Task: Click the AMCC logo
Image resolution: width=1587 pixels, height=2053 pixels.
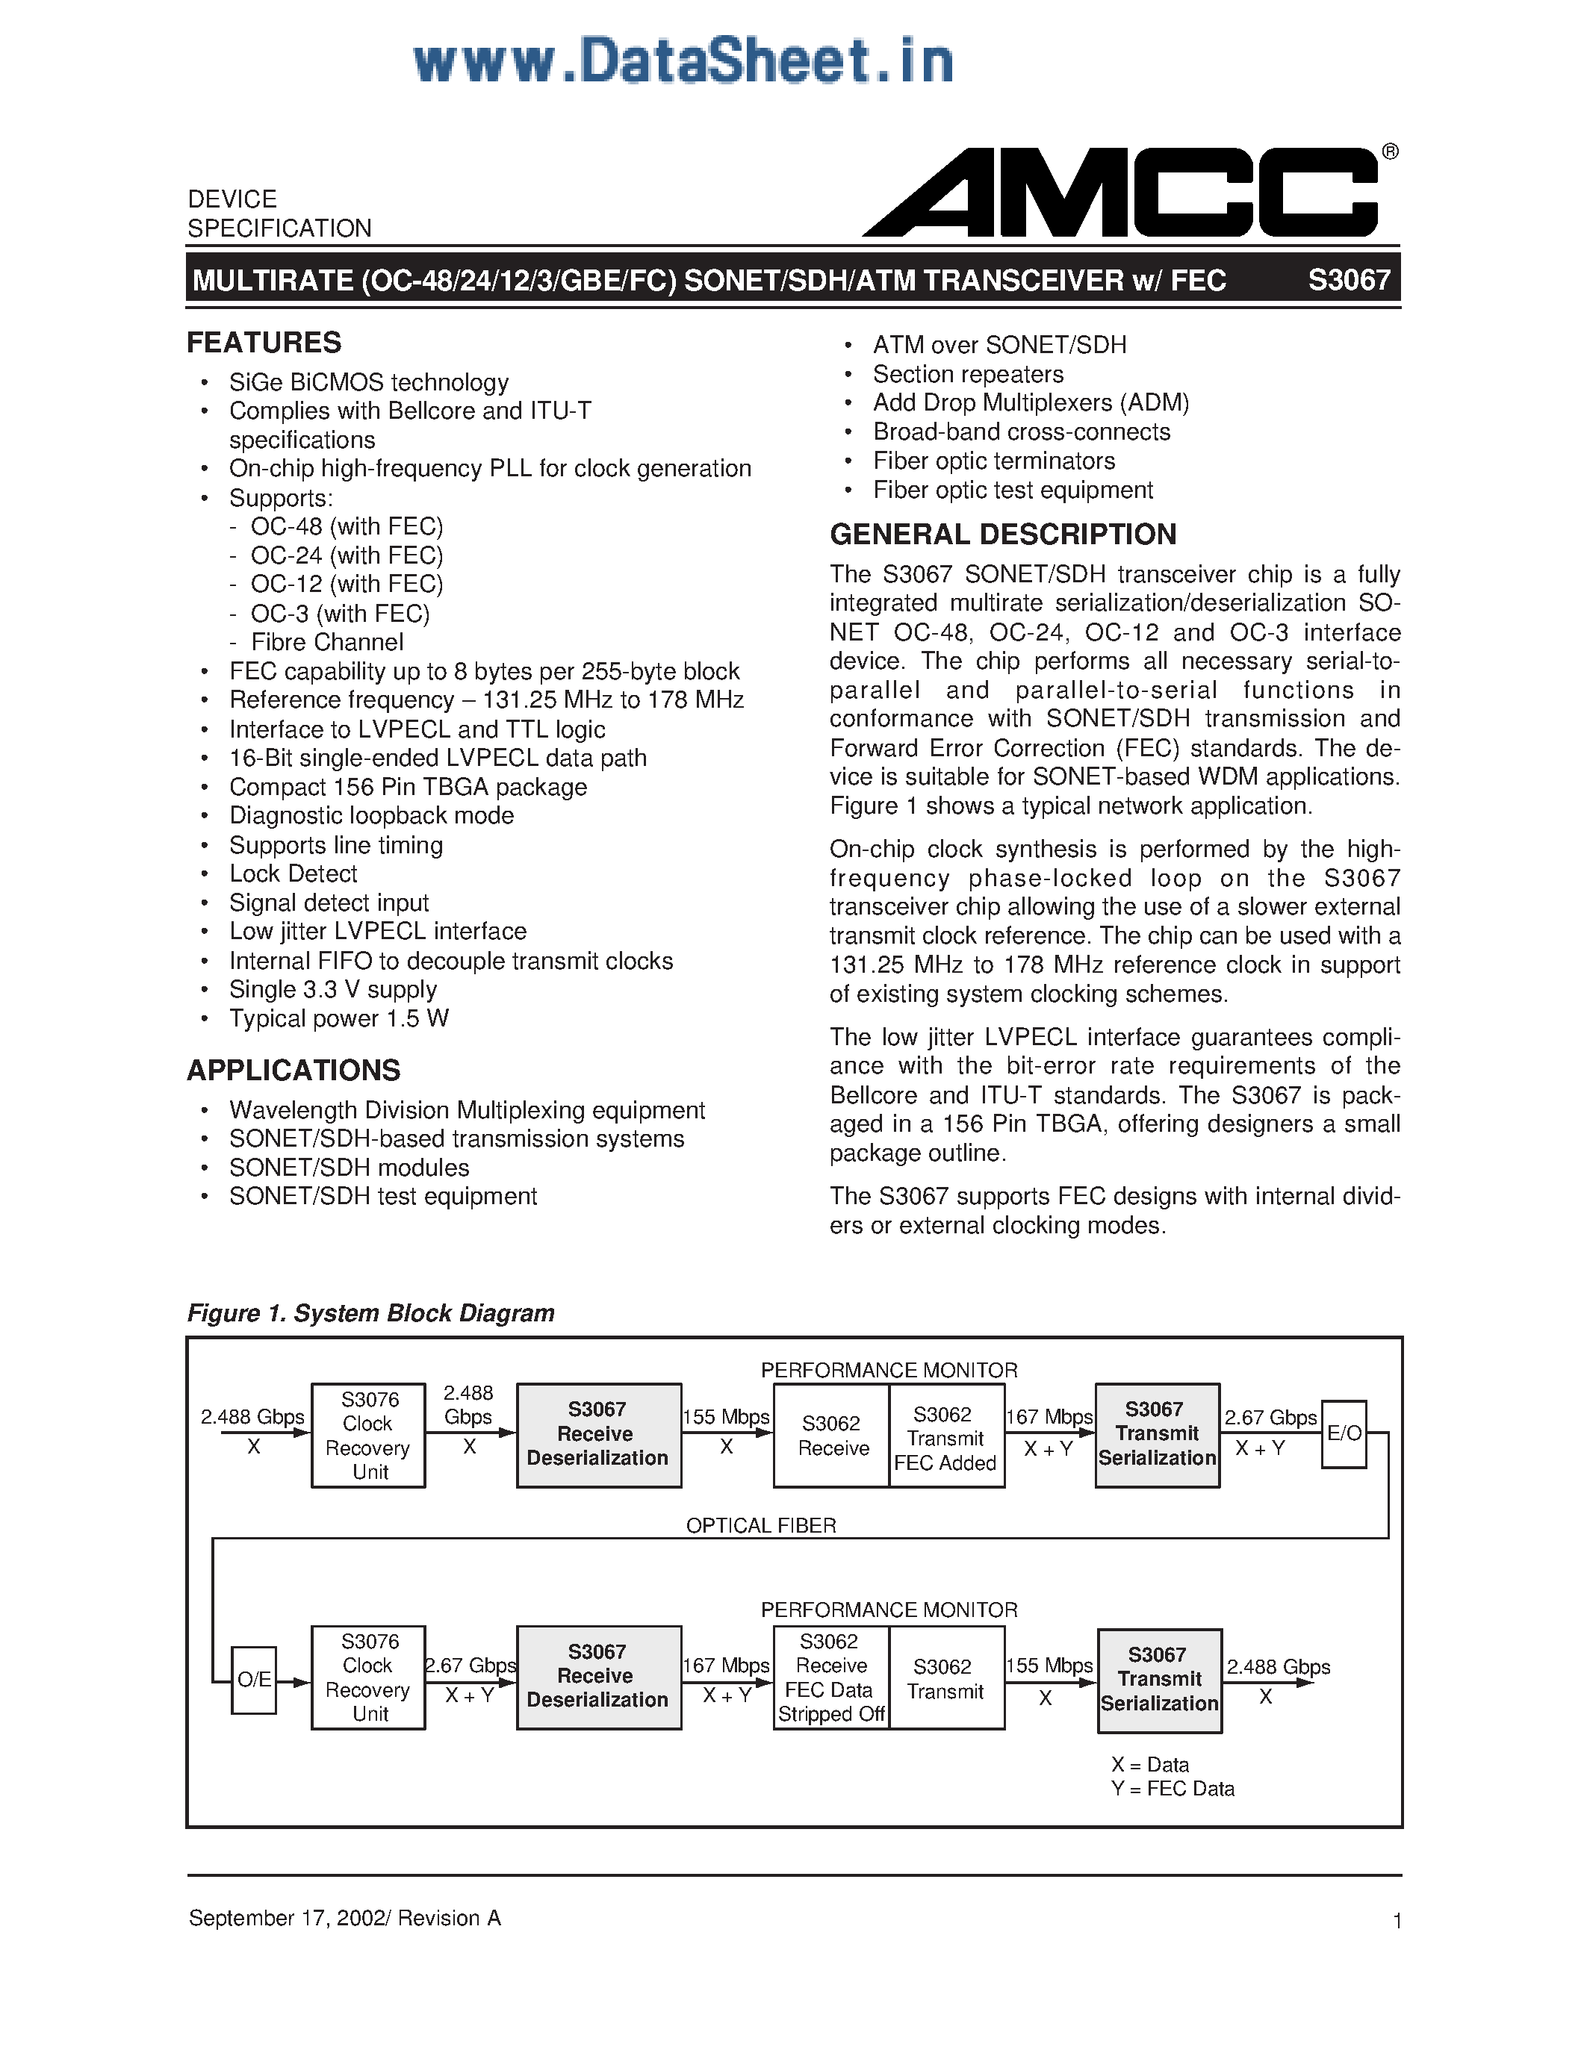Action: [x=1123, y=193]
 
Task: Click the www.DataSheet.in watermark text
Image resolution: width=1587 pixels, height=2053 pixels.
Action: [x=683, y=62]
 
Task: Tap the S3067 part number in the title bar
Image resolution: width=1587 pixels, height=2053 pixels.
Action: [x=1348, y=280]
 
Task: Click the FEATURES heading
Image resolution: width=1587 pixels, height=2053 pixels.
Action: [x=264, y=342]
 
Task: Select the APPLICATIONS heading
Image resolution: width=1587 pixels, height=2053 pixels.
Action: [x=294, y=1070]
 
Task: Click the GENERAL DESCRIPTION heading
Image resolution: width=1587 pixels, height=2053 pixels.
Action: [x=1002, y=534]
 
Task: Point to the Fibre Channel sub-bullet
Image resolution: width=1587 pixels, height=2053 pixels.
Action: [x=326, y=642]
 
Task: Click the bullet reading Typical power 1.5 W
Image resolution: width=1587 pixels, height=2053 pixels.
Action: [x=338, y=1018]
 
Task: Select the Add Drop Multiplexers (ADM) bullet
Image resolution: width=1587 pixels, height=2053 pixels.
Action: [x=1031, y=402]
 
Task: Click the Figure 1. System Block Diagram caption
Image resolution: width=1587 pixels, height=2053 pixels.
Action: [x=370, y=1312]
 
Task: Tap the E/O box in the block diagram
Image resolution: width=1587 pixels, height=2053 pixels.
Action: [x=1344, y=1433]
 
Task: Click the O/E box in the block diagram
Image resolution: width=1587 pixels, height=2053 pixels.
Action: [x=254, y=1680]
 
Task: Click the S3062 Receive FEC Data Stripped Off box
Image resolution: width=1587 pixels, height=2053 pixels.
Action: [x=830, y=1678]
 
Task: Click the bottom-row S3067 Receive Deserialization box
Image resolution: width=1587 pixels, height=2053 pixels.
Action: [x=598, y=1677]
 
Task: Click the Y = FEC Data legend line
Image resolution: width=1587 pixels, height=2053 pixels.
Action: [x=1173, y=1789]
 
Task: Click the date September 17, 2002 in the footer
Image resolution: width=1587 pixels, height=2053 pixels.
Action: [x=287, y=1918]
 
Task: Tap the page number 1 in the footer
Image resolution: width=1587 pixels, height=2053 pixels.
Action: [x=1397, y=1920]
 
